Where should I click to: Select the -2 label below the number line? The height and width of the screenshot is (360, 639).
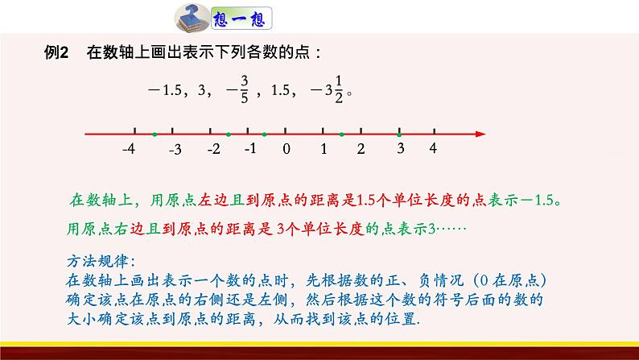pyautogui.click(x=213, y=149)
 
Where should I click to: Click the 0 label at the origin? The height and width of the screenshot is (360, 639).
pyautogui.click(x=286, y=149)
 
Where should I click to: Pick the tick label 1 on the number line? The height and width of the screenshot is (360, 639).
pyautogui.click(x=324, y=149)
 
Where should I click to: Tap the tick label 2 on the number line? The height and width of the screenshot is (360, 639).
pyautogui.click(x=361, y=149)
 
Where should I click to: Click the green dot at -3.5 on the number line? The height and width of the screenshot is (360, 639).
pyautogui.click(x=154, y=134)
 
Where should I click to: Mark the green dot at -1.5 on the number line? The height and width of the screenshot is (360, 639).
pyautogui.click(x=228, y=134)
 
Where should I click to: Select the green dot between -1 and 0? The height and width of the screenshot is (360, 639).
pyautogui.click(x=264, y=134)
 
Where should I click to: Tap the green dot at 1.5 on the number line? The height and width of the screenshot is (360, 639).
pyautogui.click(x=341, y=134)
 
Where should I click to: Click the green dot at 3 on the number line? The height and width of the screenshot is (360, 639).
pyautogui.click(x=399, y=134)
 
